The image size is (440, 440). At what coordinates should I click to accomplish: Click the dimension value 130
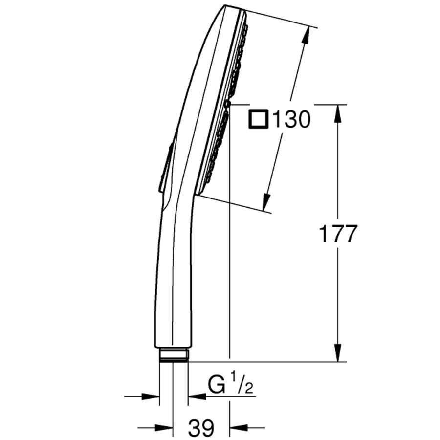click(291, 119)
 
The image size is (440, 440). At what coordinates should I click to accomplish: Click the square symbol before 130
click(258, 119)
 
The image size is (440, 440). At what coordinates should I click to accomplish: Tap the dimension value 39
click(201, 428)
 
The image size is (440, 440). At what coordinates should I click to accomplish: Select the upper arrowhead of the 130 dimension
click(307, 36)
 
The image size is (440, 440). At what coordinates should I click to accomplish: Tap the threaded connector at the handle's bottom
click(174, 355)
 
